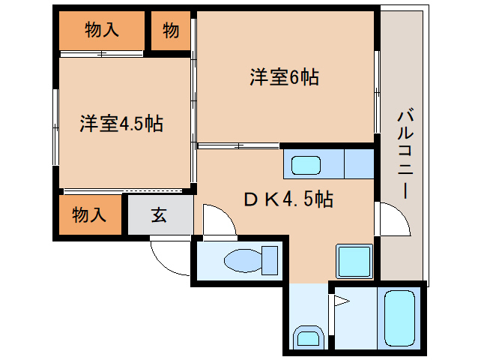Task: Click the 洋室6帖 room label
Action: [285, 77]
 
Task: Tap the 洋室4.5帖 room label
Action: [121, 124]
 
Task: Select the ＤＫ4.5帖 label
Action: [288, 199]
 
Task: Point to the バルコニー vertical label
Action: [405, 154]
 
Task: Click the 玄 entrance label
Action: [159, 215]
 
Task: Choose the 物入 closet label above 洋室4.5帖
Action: [101, 29]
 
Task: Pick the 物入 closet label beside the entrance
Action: [89, 214]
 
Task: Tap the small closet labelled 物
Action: [171, 31]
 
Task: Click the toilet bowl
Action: [243, 260]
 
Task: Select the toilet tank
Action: [270, 260]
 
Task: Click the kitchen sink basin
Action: [306, 165]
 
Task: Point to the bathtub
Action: [399, 318]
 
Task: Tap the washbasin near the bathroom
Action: [308, 337]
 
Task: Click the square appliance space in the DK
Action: [354, 261]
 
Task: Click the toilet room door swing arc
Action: [226, 212]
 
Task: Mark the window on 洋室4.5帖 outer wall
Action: [55, 127]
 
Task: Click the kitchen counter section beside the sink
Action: [359, 163]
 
